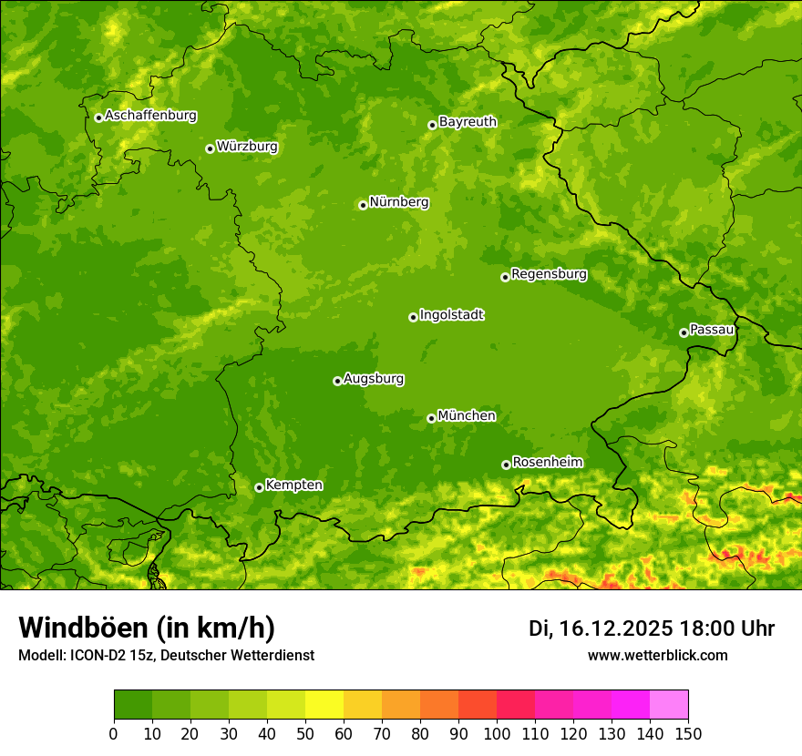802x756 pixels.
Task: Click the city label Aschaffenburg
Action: coord(150,116)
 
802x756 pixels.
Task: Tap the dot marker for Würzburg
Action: coord(210,148)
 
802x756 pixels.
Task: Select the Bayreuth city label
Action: coord(468,121)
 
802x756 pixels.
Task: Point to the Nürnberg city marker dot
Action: coord(363,205)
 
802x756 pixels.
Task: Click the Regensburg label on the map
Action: coord(549,273)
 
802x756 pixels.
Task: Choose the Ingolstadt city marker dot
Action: coord(413,317)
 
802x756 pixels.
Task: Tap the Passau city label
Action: coord(712,329)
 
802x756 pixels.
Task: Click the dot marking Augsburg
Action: coord(337,381)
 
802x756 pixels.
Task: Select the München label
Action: coord(467,415)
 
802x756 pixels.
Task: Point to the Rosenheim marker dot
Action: coord(506,465)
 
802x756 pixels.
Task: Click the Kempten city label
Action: coord(293,485)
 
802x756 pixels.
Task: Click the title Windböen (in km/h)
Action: coord(147,628)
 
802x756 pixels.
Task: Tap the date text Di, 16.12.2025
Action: coord(600,628)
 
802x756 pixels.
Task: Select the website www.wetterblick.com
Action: coord(657,655)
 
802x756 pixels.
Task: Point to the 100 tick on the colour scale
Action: coord(497,731)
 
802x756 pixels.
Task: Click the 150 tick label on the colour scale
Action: coord(688,731)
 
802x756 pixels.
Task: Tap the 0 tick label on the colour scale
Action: coord(114,731)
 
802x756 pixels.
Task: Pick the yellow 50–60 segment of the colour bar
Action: coord(324,705)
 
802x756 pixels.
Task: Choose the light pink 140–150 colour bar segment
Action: coord(669,705)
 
